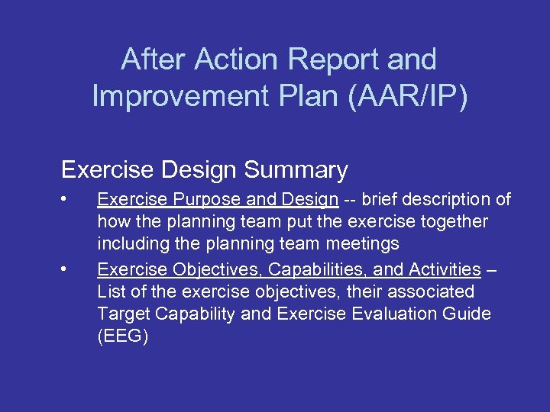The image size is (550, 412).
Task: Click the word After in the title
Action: [x=153, y=60]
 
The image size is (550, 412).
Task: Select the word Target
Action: [x=122, y=314]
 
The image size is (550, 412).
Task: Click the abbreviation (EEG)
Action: [x=122, y=336]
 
